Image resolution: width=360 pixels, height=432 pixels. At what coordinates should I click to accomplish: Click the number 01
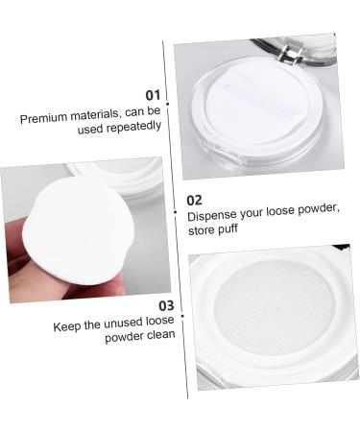click(x=152, y=95)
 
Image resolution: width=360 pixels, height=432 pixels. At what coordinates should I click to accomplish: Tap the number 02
click(x=195, y=200)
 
